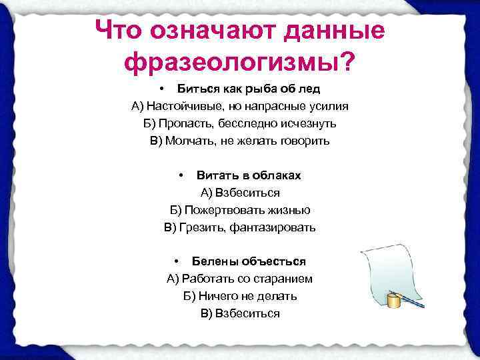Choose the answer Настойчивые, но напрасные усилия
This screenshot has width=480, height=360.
[240, 106]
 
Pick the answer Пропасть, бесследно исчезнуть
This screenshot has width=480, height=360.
[240, 123]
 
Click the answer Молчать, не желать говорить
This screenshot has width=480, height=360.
[240, 141]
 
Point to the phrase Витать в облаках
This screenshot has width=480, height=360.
[249, 175]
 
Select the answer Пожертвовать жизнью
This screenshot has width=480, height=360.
[240, 210]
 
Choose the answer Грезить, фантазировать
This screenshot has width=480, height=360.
[240, 227]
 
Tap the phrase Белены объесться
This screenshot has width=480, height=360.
[249, 261]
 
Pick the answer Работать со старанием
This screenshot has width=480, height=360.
[240, 279]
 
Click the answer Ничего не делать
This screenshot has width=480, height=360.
[240, 296]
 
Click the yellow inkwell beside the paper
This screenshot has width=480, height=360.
[395, 301]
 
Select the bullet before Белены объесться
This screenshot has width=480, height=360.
[177, 261]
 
